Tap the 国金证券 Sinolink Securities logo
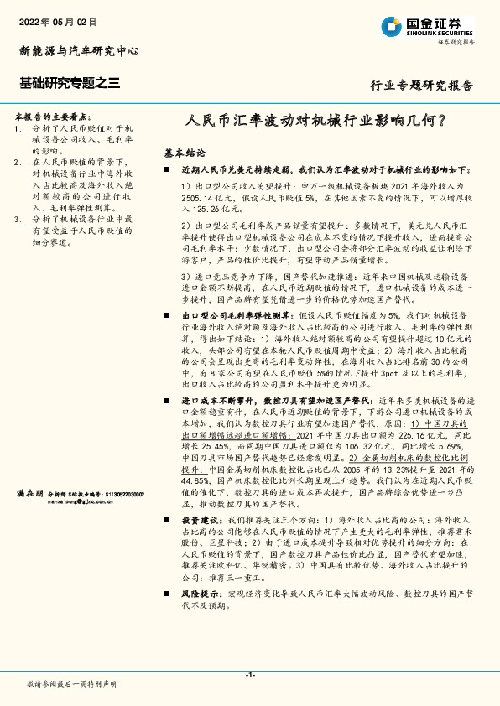[427, 26]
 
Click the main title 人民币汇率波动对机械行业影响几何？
[315, 121]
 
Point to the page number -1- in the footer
[250, 675]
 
